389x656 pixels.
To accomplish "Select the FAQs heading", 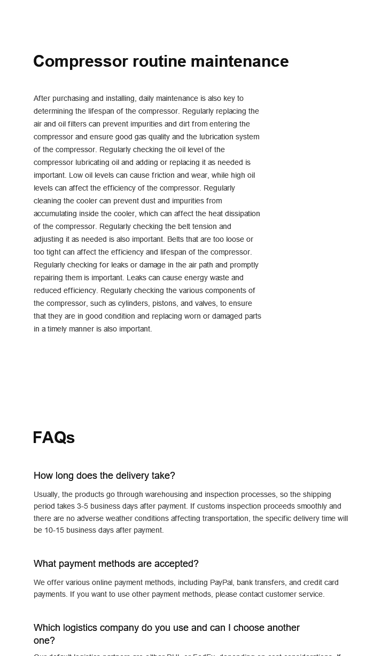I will coord(53,438).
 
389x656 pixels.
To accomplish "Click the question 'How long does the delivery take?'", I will coord(104,476).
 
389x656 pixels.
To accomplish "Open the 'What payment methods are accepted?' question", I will coord(116,564).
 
